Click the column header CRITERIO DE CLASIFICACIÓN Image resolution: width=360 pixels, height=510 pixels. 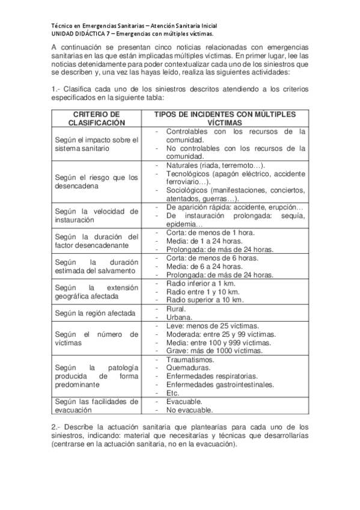tap(96, 117)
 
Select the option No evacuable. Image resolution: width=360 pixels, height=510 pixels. tap(189, 411)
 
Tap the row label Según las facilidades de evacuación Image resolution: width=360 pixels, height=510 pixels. tap(96, 406)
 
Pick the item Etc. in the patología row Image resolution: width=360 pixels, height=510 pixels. tap(172, 393)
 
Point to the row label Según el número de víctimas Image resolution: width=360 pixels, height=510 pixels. tap(96, 338)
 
